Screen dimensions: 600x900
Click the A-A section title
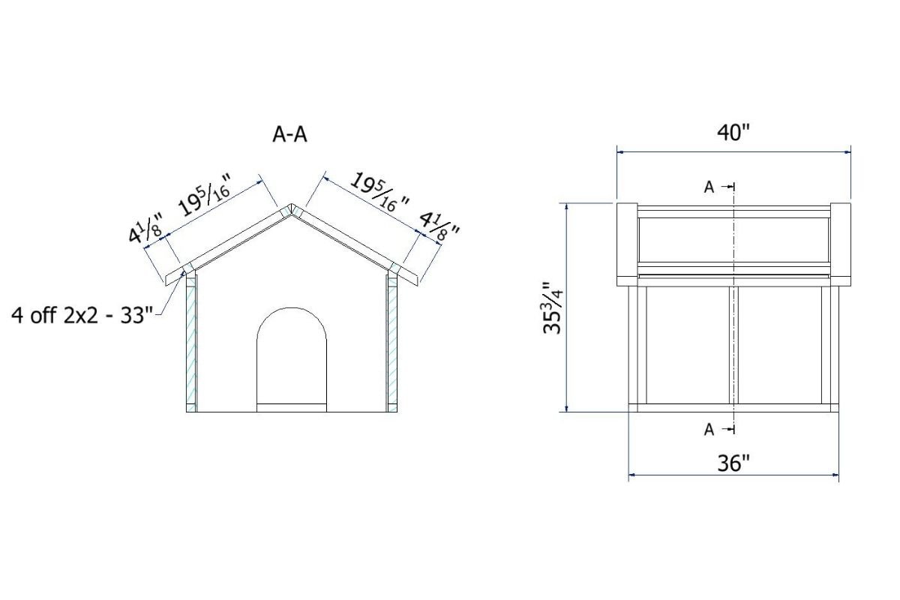point(289,135)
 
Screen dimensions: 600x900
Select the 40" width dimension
point(733,133)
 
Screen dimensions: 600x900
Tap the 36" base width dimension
point(733,464)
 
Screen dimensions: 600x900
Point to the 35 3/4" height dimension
point(553,308)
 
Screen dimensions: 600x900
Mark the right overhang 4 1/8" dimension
point(439,225)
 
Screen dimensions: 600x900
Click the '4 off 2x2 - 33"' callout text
point(82,313)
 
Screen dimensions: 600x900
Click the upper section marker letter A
point(709,187)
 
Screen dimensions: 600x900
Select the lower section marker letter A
point(709,430)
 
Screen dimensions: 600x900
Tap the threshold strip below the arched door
point(292,407)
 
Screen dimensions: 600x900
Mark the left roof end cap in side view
point(626,244)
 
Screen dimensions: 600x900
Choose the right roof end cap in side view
point(841,244)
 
